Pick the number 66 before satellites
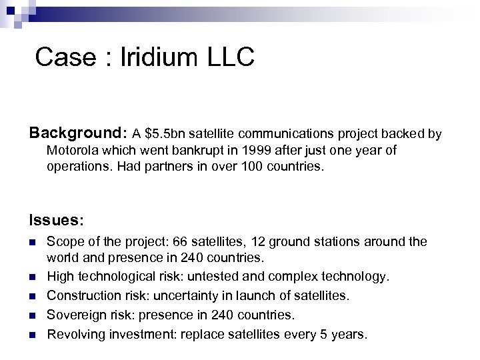(202, 241)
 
